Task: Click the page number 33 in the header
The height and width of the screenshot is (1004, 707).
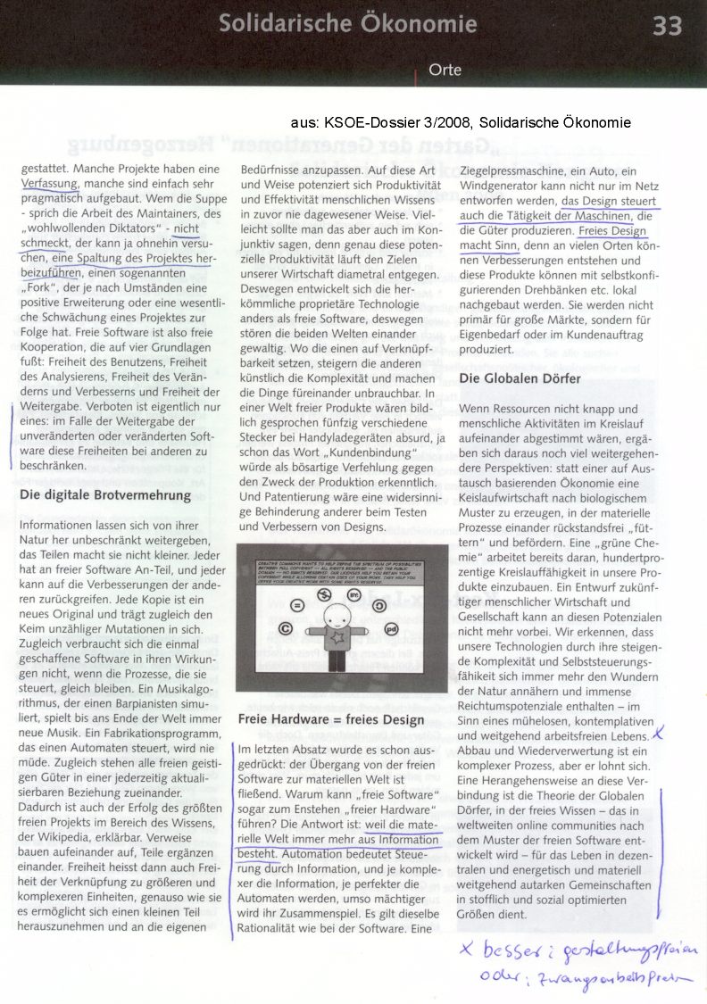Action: click(667, 25)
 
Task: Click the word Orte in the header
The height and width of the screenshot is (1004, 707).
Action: click(445, 69)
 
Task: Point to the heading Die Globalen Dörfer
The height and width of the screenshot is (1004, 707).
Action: click(520, 378)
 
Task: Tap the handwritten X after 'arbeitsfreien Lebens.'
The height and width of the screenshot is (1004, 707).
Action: click(658, 734)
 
